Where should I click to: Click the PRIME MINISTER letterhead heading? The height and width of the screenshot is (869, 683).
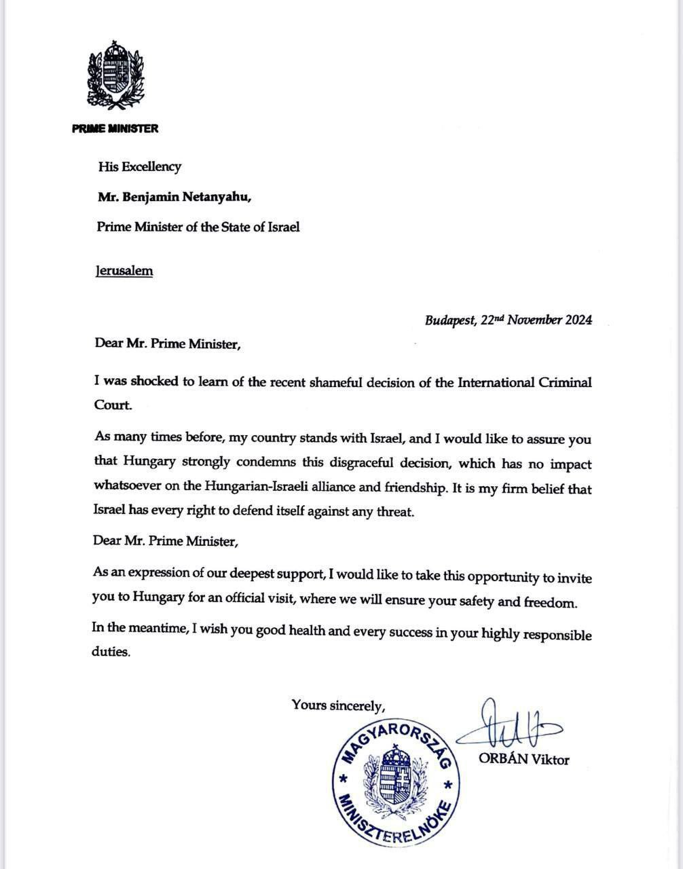click(x=115, y=128)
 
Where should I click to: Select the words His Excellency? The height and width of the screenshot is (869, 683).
click(x=139, y=166)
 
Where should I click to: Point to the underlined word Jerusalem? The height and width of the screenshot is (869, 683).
click(x=124, y=270)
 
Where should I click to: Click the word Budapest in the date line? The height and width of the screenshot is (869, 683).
click(x=450, y=320)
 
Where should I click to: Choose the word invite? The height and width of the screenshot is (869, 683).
click(x=575, y=578)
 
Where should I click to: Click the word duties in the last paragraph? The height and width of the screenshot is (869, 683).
click(x=110, y=651)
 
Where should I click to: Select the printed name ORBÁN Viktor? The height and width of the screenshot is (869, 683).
click(x=523, y=760)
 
